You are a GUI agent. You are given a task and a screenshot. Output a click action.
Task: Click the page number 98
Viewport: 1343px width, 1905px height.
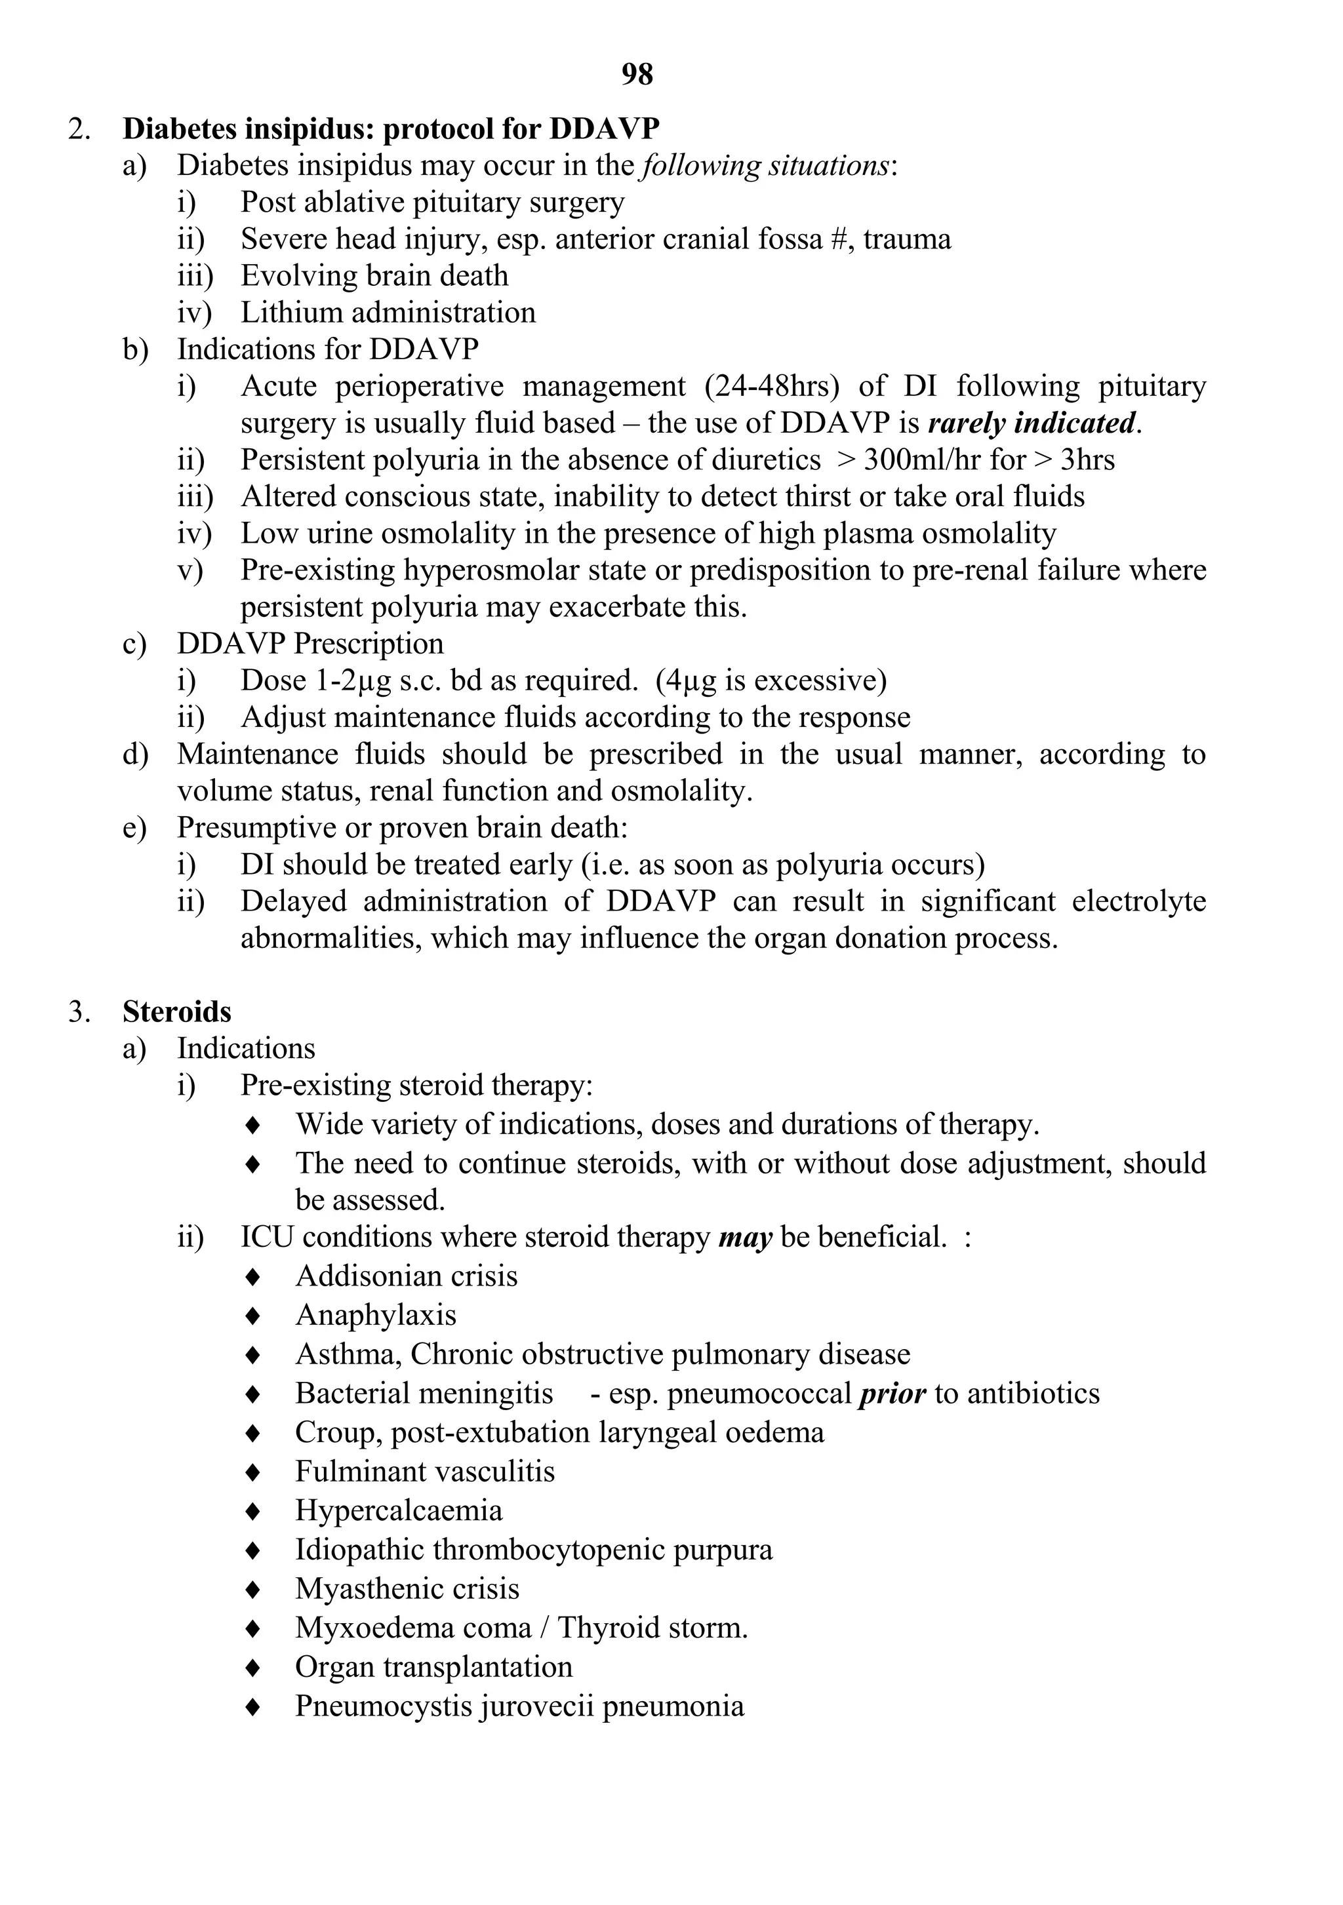pos(637,75)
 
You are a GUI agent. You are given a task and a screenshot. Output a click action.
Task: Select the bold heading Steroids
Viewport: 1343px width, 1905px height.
pos(177,1011)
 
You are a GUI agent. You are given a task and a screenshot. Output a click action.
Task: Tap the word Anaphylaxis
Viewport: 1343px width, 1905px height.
pos(376,1315)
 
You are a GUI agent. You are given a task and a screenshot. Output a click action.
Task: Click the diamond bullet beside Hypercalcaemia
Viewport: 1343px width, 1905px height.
pos(254,1511)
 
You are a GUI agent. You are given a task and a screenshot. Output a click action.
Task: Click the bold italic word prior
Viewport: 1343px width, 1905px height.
pos(892,1393)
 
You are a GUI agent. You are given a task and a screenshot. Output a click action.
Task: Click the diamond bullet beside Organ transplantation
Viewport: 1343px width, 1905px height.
pos(254,1667)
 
